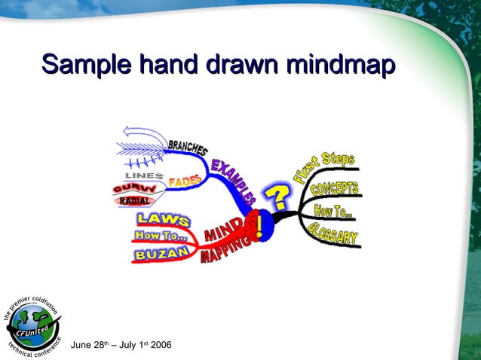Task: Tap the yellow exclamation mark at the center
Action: point(261,225)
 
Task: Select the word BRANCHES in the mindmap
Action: point(188,145)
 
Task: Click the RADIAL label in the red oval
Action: point(135,201)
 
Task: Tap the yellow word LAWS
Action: point(163,219)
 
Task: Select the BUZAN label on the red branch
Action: point(161,255)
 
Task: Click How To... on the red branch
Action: point(161,236)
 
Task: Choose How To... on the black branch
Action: point(333,212)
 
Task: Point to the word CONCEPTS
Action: point(334,189)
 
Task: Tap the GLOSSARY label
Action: point(333,235)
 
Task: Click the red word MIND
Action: point(224,230)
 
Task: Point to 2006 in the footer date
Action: point(161,345)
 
